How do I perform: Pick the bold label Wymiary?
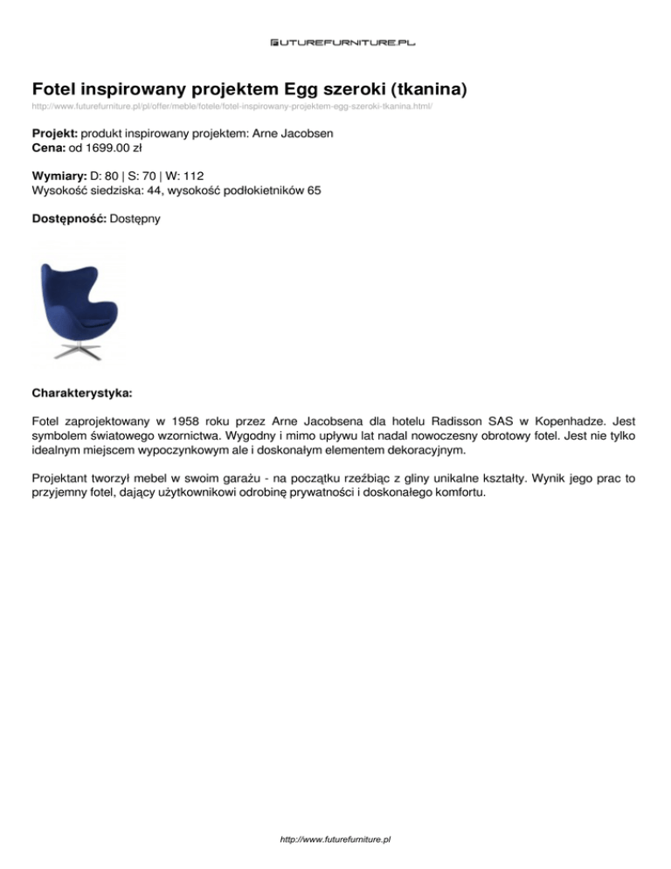click(59, 176)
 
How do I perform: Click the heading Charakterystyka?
click(82, 385)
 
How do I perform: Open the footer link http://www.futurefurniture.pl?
click(335, 839)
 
